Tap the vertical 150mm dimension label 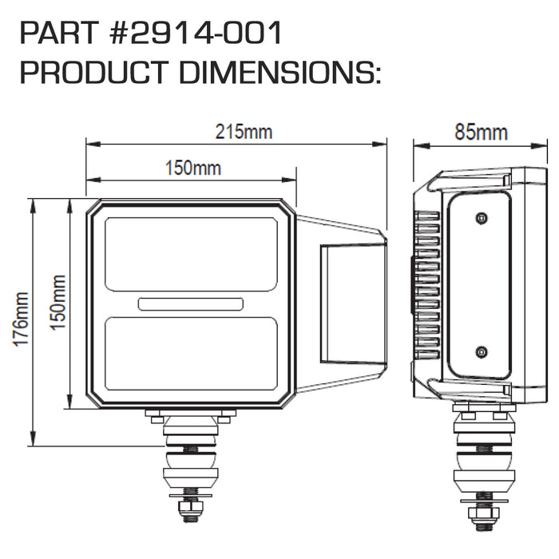pyautogui.click(x=57, y=303)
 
